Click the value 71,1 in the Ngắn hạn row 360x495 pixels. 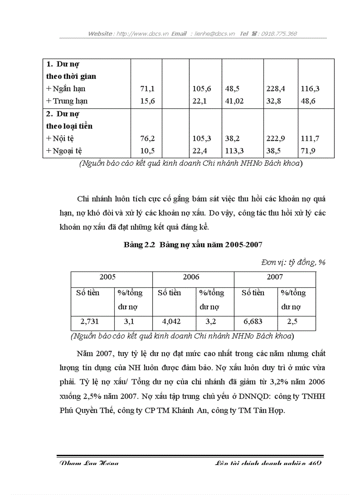(146, 89)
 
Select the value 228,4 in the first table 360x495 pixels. (275, 89)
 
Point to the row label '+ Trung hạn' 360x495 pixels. (67, 101)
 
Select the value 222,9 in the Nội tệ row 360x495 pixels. (275, 138)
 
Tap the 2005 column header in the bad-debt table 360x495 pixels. (108, 277)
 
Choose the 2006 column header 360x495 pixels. (191, 277)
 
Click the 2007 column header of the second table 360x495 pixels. (274, 277)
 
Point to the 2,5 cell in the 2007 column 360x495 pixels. (292, 322)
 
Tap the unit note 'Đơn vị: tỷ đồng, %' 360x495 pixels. (293, 262)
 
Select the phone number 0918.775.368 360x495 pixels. (279, 33)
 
